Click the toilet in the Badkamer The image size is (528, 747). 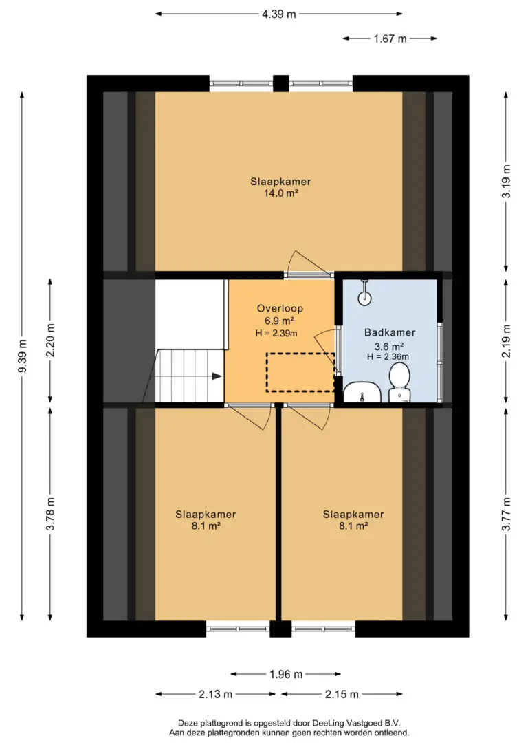(399, 382)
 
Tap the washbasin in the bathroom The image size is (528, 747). (362, 392)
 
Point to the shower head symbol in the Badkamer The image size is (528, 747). (364, 292)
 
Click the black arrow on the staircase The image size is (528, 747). (217, 376)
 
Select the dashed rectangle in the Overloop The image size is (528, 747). (300, 373)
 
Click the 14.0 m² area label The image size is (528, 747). (281, 193)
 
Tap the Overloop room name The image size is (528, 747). (280, 308)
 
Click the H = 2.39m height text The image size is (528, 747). (276, 333)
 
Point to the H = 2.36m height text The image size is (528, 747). (388, 356)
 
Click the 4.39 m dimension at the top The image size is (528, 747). (279, 14)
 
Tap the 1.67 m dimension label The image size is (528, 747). (390, 39)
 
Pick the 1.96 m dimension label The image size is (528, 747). (286, 674)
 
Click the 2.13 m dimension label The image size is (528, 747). (216, 694)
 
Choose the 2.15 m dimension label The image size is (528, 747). (342, 694)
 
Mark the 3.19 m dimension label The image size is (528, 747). (507, 181)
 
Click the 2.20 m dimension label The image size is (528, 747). (51, 340)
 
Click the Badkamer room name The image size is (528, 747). (390, 332)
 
